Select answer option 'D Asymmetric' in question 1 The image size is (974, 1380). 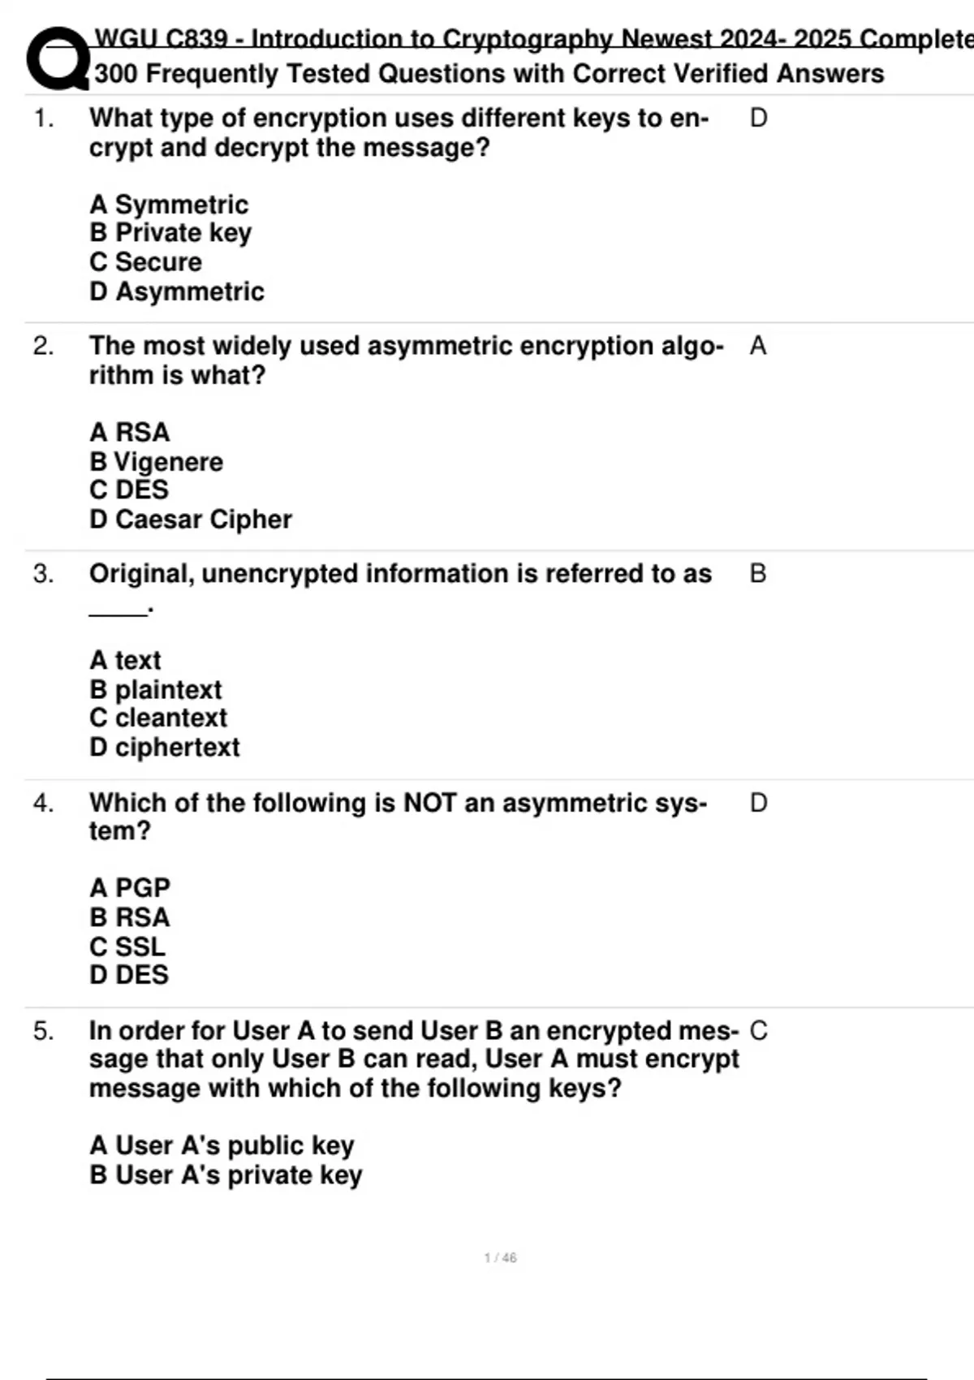(177, 291)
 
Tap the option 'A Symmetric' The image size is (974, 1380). (169, 205)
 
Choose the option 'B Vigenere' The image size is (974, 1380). (156, 462)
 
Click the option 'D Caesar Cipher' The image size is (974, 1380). (191, 520)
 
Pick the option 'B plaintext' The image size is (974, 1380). (155, 690)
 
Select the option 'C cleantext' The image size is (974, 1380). (158, 718)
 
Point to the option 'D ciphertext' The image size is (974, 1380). (165, 748)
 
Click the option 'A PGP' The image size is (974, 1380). (130, 888)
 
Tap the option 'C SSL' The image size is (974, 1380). (127, 947)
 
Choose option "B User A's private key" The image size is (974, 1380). (226, 1175)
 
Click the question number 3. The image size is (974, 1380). (43, 575)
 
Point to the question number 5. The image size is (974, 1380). (43, 1032)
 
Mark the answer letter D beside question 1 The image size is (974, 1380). (758, 119)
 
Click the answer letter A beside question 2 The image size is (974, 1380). (758, 347)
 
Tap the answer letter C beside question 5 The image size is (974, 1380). (758, 1031)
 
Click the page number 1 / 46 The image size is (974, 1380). (500, 1258)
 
